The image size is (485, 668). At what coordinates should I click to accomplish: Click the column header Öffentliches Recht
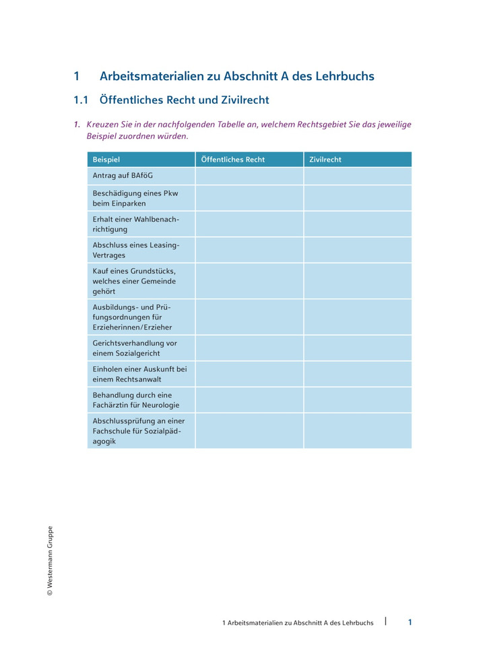(233, 160)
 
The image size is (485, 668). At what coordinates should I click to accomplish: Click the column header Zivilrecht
(325, 160)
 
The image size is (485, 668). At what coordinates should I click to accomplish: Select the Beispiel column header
(106, 160)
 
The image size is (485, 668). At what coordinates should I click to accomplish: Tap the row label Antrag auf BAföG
(123, 176)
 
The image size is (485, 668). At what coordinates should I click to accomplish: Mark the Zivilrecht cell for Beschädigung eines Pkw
(357, 198)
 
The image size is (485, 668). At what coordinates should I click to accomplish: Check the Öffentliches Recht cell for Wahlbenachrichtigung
(249, 224)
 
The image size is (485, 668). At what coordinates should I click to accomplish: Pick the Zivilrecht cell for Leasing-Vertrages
(357, 250)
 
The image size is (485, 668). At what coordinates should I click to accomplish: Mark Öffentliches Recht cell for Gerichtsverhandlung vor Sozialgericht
(249, 348)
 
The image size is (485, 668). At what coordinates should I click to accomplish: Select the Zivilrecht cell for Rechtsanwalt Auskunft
(357, 374)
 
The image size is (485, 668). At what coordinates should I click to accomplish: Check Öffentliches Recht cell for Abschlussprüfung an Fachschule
(249, 431)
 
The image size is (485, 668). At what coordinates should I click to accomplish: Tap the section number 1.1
(81, 100)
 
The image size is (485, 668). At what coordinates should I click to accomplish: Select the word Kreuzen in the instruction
(102, 125)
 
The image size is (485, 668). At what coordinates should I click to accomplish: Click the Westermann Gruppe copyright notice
(49, 561)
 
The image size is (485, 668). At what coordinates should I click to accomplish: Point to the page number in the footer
(410, 622)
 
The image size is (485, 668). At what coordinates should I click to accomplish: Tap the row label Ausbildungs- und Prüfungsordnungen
(132, 317)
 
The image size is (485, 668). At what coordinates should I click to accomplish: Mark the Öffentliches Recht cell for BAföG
(249, 176)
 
